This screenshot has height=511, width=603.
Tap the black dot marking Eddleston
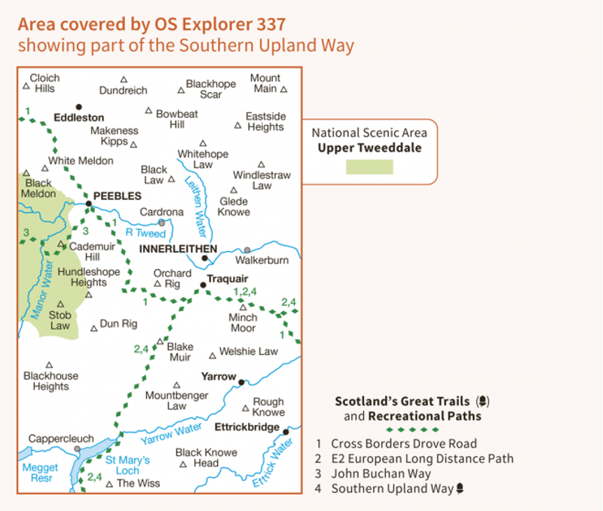(78, 107)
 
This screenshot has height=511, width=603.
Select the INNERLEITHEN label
(178, 249)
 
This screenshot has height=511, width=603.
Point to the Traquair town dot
(203, 285)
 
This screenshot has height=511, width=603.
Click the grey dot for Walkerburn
(246, 249)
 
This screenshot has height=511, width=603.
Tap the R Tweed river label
(145, 234)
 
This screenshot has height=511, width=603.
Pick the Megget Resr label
(39, 473)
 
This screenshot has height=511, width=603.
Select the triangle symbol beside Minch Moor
(243, 307)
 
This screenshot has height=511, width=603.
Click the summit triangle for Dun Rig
(93, 328)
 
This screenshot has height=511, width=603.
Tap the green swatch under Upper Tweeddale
(369, 167)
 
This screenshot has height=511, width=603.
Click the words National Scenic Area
(369, 133)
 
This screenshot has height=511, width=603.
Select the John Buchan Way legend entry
(381, 473)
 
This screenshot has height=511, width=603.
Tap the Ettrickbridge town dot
(286, 431)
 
